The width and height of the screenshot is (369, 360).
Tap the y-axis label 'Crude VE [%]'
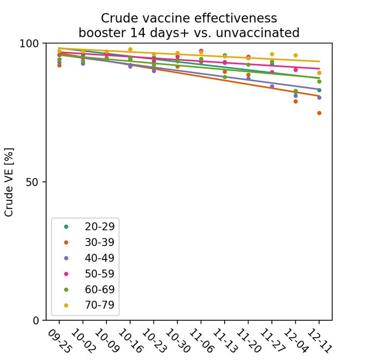click(x=9, y=181)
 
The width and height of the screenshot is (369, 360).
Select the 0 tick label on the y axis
click(x=37, y=320)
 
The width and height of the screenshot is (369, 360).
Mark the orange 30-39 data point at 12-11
click(x=319, y=113)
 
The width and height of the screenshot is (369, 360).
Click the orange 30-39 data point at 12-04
click(x=296, y=102)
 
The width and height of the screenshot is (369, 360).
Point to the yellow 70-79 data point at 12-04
click(x=296, y=55)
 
